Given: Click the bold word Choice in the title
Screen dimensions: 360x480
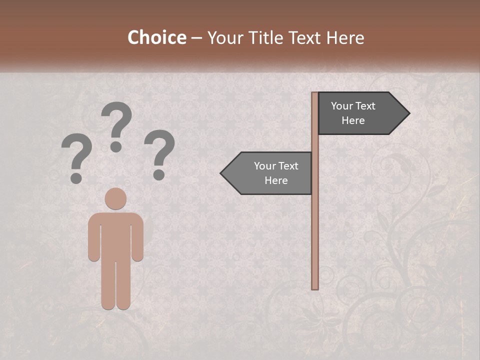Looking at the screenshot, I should [x=156, y=38].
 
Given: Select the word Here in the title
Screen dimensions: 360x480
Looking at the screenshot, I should [x=345, y=38].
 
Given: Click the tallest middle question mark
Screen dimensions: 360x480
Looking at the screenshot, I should [x=116, y=125].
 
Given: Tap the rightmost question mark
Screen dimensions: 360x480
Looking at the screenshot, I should [x=159, y=152].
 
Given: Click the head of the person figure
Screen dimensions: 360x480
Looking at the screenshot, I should [x=115, y=198].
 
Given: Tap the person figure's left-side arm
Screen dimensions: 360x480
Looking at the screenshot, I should [x=93, y=237].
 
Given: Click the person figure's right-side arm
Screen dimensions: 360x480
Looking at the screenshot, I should [x=138, y=237].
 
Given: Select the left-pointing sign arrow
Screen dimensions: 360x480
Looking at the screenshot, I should [x=267, y=173].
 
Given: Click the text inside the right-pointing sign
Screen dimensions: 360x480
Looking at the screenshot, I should [x=353, y=113].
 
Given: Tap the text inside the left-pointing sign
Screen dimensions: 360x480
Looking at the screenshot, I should [x=276, y=173].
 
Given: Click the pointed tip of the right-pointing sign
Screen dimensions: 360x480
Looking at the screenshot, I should [x=408, y=113].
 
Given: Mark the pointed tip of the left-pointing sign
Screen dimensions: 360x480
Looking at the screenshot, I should [x=221, y=173].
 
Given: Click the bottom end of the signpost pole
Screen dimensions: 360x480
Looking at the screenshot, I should [x=315, y=287].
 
